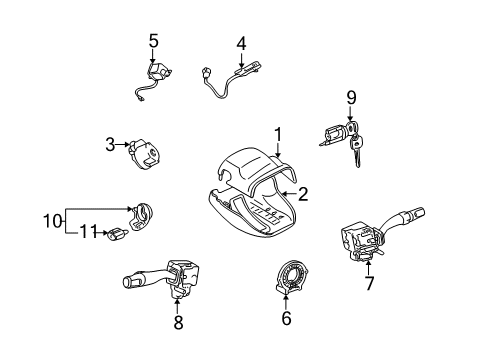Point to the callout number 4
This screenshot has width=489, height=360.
pos(240,43)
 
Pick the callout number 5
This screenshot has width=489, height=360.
pos(153,40)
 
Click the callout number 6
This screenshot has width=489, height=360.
pos(286,319)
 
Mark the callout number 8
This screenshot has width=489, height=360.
pos(179,323)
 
